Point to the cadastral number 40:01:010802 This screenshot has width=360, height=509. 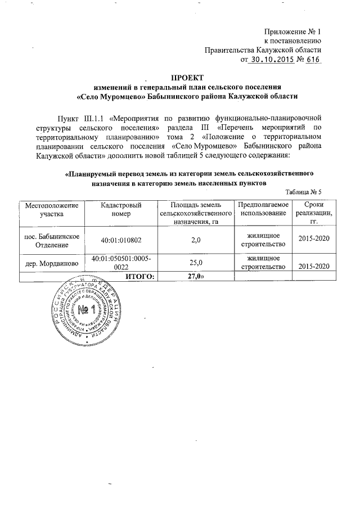120,240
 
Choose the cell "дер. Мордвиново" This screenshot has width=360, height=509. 51,263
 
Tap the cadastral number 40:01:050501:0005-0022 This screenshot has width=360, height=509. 120,262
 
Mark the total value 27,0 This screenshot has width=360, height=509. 195,276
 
